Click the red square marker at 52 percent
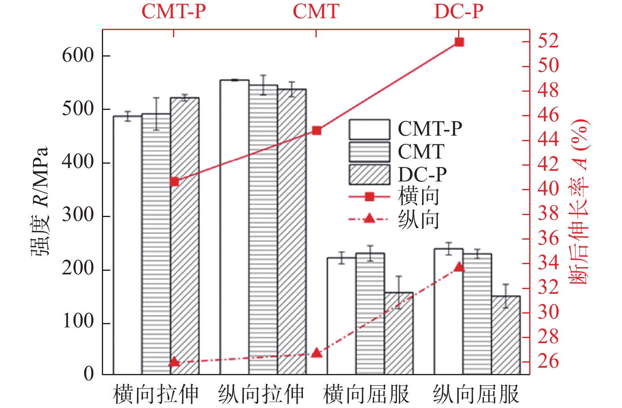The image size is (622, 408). [x=459, y=42]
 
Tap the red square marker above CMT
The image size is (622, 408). [x=317, y=130]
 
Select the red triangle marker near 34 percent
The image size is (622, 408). [x=459, y=267]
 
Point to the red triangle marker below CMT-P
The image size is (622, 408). [x=174, y=362]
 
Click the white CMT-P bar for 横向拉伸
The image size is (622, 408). [x=128, y=245]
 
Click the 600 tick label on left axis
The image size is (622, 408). [x=78, y=55]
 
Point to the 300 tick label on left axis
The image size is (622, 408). [x=78, y=215]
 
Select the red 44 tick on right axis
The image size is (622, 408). [x=548, y=140]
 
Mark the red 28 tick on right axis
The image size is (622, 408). [x=548, y=337]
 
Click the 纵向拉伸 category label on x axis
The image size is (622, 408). [x=261, y=394]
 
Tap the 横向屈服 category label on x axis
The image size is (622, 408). [x=366, y=394]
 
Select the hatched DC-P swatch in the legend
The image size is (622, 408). [x=369, y=175]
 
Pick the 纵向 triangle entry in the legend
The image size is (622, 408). [x=369, y=219]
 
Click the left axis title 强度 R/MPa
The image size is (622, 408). [x=40, y=202]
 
